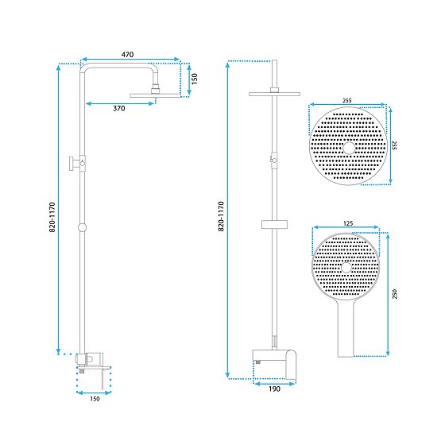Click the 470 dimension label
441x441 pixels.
(x=127, y=54)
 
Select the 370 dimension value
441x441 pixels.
(x=118, y=107)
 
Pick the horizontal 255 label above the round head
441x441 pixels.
(x=346, y=101)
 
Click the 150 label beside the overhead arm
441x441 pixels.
(x=194, y=79)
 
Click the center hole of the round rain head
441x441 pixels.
(x=347, y=148)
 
